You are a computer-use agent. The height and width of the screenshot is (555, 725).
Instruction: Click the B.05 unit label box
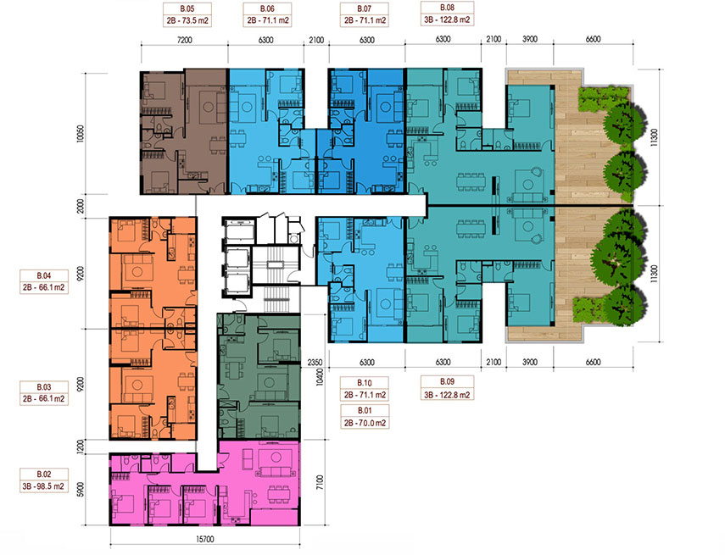pyautogui.click(x=187, y=14)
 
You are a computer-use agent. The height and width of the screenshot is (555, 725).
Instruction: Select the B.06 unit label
pyautogui.click(x=267, y=14)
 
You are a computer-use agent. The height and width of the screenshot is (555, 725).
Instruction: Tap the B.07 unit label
pyautogui.click(x=365, y=14)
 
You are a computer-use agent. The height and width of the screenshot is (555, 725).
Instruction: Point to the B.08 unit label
pyautogui.click(x=447, y=14)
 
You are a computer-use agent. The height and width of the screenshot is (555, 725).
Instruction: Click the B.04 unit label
pyautogui.click(x=44, y=282)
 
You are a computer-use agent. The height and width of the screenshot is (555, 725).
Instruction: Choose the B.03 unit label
pyautogui.click(x=44, y=393)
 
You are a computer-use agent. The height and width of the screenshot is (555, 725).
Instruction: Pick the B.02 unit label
pyautogui.click(x=44, y=480)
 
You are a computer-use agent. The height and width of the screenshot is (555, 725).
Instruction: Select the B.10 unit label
pyautogui.click(x=365, y=389)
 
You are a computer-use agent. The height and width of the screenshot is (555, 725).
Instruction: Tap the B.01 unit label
pyautogui.click(x=365, y=416)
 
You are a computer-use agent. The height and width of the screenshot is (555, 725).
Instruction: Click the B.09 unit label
pyautogui.click(x=447, y=388)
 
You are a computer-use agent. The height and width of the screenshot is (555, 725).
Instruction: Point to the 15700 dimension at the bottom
pyautogui.click(x=205, y=539)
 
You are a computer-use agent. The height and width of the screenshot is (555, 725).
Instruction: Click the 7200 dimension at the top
pyautogui.click(x=184, y=40)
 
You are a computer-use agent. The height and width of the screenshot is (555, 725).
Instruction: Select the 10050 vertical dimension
pyautogui.click(x=81, y=134)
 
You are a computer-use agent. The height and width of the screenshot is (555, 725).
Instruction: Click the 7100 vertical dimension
pyautogui.click(x=321, y=482)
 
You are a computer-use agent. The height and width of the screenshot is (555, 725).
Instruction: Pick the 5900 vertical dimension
pyautogui.click(x=81, y=490)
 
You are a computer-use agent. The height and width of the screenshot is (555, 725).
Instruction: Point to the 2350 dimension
pyautogui.click(x=315, y=363)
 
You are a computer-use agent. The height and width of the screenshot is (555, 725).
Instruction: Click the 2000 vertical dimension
pyautogui.click(x=81, y=206)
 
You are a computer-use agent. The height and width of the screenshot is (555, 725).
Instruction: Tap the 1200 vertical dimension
pyautogui.click(x=81, y=446)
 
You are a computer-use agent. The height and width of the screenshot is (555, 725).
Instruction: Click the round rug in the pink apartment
pyautogui.click(x=276, y=458)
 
